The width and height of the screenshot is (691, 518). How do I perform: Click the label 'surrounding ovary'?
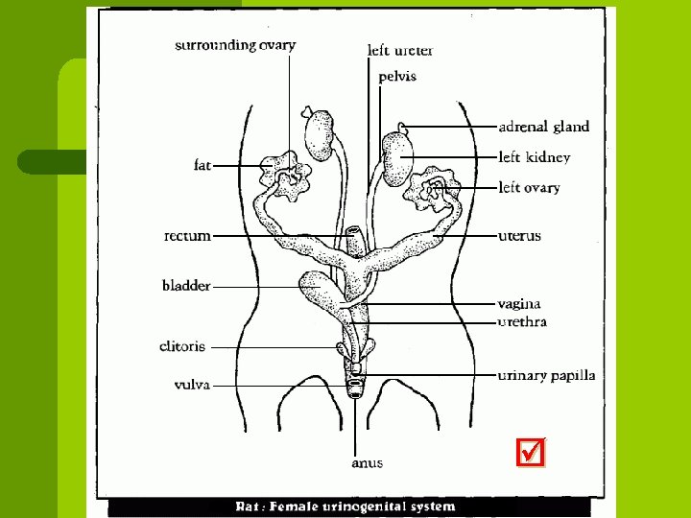[235, 44]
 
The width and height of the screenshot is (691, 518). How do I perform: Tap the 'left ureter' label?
[400, 50]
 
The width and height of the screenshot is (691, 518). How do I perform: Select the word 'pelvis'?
[397, 77]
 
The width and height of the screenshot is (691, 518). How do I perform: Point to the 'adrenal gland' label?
[544, 126]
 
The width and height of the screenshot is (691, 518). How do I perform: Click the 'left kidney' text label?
[535, 157]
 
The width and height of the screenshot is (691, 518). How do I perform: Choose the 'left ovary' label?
[529, 188]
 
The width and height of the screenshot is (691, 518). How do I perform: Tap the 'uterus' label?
[519, 236]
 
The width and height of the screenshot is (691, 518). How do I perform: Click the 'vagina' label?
[519, 304]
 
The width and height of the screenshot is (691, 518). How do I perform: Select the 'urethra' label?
[522, 322]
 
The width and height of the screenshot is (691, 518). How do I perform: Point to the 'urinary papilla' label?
[546, 375]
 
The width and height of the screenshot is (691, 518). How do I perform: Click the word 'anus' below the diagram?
[367, 462]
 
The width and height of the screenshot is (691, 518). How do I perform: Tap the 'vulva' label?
[192, 385]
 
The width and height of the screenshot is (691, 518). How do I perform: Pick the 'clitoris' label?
[182, 346]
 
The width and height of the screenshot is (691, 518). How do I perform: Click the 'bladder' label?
[186, 285]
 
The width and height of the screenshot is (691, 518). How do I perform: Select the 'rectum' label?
[187, 235]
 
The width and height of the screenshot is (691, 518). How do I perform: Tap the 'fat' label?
[202, 165]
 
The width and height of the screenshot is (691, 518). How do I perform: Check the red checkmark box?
[531, 453]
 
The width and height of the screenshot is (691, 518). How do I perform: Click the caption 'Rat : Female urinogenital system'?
[346, 506]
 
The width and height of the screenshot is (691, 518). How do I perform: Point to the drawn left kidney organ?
[396, 159]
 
